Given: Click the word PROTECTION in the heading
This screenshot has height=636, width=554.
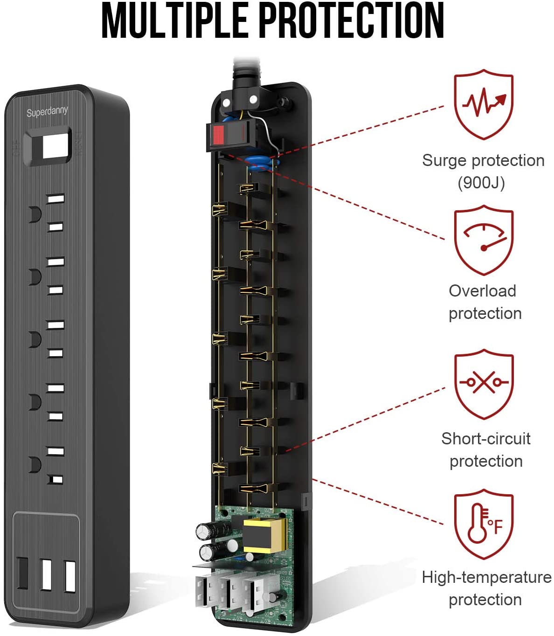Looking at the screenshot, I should (351, 21).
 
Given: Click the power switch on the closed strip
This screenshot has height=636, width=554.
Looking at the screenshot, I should (48, 146).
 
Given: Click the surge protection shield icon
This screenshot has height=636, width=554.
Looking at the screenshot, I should (484, 104).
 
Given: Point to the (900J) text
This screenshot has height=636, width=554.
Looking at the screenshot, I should (481, 182).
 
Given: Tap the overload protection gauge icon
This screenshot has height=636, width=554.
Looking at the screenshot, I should (484, 240).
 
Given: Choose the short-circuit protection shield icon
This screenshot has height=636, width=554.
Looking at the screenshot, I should (484, 384).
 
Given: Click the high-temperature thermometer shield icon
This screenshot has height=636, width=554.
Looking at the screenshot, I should (484, 524).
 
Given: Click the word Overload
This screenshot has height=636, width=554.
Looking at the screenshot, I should (482, 291).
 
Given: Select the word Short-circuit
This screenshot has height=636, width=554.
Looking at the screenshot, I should (486, 439).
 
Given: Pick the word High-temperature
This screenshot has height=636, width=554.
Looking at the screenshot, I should (486, 577).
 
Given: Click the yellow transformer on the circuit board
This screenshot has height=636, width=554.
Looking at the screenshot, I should (264, 535).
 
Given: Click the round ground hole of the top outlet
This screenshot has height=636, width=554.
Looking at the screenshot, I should (34, 214).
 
